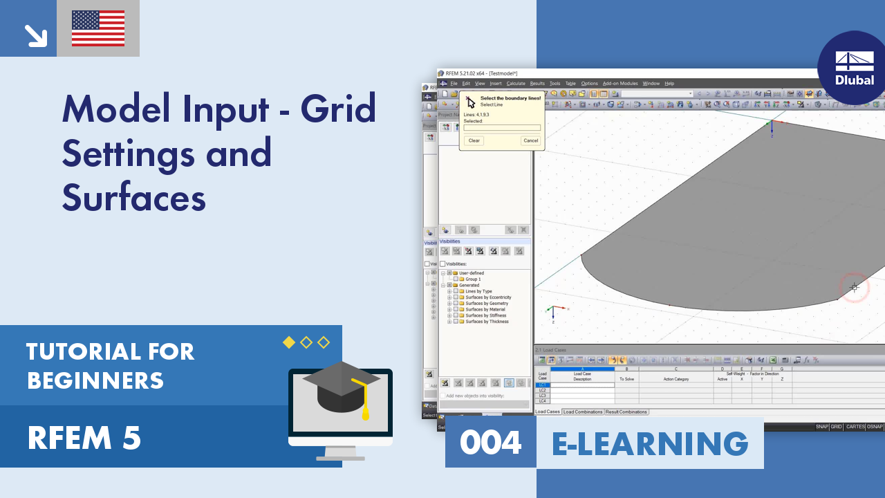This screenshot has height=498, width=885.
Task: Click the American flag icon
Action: pyautogui.click(x=98, y=28)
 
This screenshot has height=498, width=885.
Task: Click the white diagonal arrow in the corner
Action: pyautogui.click(x=35, y=35)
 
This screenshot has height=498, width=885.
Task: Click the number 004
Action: pyautogui.click(x=491, y=443)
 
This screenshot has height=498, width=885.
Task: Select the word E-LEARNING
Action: pyautogui.click(x=650, y=443)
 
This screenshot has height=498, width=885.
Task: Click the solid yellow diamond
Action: pyautogui.click(x=289, y=342)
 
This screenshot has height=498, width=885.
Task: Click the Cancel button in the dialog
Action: pyautogui.click(x=530, y=140)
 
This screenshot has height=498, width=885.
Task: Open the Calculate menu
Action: pyautogui.click(x=516, y=84)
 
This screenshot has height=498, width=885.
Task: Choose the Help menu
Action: pyautogui.click(x=669, y=84)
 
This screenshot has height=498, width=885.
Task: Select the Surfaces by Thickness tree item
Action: pyautogui.click(x=487, y=322)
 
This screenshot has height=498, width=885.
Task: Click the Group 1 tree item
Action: pyautogui.click(x=474, y=279)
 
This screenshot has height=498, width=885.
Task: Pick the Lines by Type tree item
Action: pyautogui.click(x=478, y=291)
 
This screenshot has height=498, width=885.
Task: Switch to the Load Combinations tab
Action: pyautogui.click(x=583, y=412)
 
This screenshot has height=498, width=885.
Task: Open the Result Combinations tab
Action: pyautogui.click(x=626, y=412)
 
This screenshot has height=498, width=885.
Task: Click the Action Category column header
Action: pyautogui.click(x=676, y=379)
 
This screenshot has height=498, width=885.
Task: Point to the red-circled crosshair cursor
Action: pyautogui.click(x=854, y=287)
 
